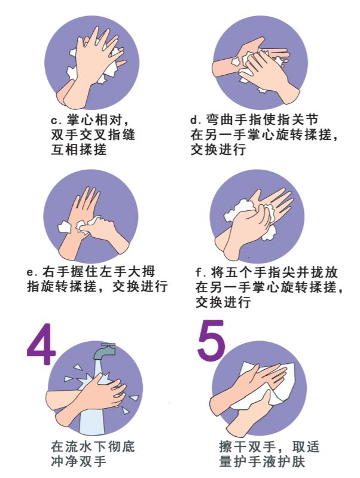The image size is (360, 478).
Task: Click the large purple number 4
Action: [x=41, y=344]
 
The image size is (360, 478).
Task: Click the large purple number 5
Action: [x=211, y=339]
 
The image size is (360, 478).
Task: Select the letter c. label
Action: [x=56, y=120]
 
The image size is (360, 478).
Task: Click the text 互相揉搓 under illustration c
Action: [x=79, y=150]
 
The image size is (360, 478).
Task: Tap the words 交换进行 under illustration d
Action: [x=218, y=150]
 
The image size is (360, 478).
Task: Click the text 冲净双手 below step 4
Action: [x=79, y=461]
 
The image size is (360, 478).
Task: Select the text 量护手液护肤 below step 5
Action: [x=262, y=461]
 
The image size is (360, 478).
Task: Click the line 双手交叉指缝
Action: [x=93, y=135]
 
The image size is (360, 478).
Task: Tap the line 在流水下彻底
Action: [x=93, y=447]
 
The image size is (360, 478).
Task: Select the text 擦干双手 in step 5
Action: [x=248, y=447]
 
